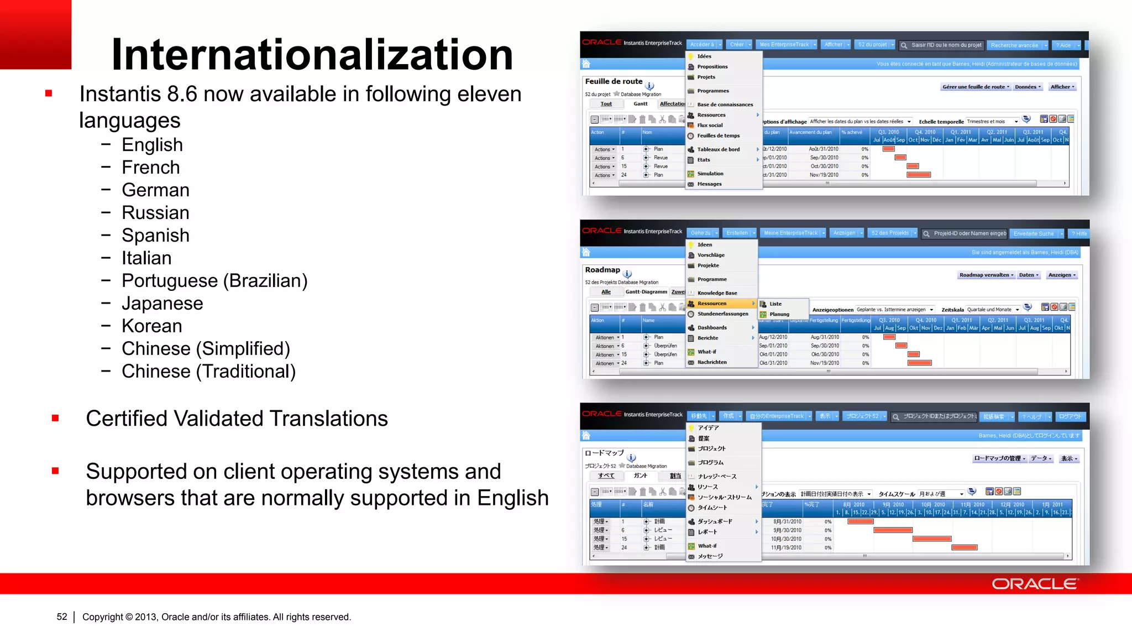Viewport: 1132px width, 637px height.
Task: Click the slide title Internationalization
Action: (312, 54)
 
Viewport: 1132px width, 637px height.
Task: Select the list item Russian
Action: (155, 213)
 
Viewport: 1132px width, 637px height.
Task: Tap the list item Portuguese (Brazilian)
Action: (214, 281)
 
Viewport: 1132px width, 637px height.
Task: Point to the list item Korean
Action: (152, 326)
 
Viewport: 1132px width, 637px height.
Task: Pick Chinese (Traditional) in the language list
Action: (208, 372)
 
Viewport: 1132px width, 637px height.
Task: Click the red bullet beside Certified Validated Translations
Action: (55, 419)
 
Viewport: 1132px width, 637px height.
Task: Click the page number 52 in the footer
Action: (62, 617)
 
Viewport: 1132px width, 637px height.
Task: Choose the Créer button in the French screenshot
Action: (737, 45)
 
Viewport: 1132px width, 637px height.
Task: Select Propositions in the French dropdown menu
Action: (712, 67)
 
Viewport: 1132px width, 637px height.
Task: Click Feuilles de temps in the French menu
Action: (718, 136)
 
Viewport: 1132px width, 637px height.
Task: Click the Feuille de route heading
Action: (614, 81)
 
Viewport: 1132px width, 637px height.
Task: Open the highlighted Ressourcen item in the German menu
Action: (712, 304)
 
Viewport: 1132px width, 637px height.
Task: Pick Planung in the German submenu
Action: (779, 314)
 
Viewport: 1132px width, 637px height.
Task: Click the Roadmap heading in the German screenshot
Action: (602, 270)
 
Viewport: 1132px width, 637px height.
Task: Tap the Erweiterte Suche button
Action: (1034, 234)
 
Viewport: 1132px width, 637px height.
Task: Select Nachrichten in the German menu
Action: (712, 362)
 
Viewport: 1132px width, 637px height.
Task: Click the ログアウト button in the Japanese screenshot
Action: (1070, 416)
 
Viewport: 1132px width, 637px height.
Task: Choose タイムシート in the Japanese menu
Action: (712, 508)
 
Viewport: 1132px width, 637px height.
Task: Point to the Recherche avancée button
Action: (1014, 45)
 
